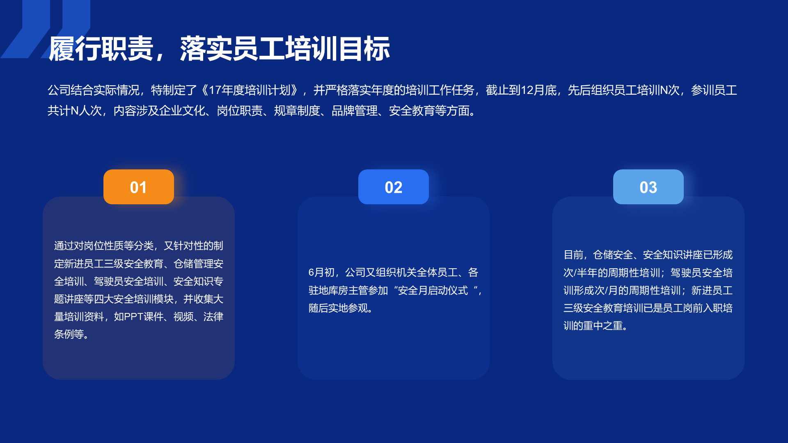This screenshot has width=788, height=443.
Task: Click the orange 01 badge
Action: (139, 187)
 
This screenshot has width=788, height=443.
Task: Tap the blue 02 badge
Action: (394, 187)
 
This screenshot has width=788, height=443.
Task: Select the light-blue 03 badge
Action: (648, 187)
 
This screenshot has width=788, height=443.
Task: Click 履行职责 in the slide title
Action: (101, 49)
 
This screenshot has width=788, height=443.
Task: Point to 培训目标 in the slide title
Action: (337, 49)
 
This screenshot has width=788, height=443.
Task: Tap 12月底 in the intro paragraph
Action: (539, 90)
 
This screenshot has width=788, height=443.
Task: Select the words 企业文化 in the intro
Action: (182, 111)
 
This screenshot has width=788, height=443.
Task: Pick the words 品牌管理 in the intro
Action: (355, 111)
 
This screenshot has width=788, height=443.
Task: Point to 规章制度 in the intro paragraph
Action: (297, 111)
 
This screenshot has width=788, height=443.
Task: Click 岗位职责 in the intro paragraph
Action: (240, 111)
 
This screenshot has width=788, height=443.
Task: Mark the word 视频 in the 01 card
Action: (183, 317)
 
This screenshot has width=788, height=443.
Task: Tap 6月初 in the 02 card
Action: (321, 272)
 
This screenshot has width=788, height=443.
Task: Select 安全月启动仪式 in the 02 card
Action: (433, 290)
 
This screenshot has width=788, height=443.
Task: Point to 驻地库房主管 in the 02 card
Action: (338, 290)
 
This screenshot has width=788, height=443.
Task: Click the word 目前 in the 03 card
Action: (573, 255)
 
